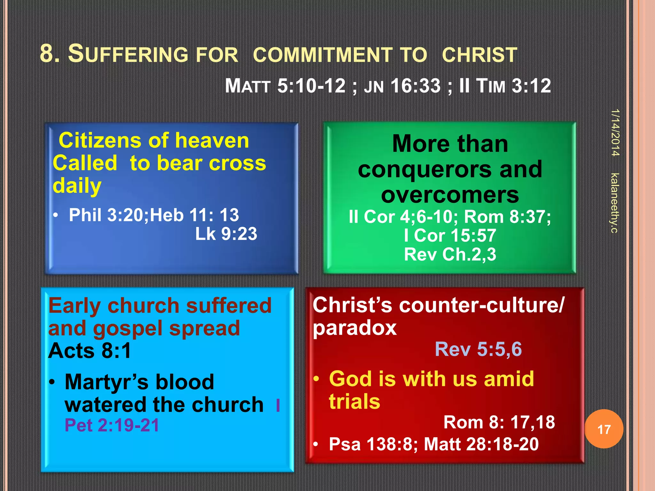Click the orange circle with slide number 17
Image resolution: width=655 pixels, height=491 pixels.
(x=604, y=429)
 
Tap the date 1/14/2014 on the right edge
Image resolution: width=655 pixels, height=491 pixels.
(x=615, y=133)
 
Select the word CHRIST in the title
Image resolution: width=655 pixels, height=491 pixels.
(x=479, y=55)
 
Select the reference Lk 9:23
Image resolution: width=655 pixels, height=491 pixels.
(x=226, y=234)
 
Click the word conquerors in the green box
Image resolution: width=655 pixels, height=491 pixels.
(x=425, y=169)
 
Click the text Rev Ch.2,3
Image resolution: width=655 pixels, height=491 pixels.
(x=450, y=254)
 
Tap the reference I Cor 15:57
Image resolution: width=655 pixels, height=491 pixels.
(x=450, y=235)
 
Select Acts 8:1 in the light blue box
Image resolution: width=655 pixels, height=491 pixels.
(x=90, y=351)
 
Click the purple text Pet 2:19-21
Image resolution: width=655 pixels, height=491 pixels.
(x=112, y=425)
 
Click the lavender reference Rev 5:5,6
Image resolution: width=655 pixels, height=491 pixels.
(x=478, y=349)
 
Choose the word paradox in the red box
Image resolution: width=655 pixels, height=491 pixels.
(x=354, y=328)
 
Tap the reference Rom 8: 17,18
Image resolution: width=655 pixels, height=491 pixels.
(x=499, y=422)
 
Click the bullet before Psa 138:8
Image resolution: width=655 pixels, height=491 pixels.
(x=316, y=444)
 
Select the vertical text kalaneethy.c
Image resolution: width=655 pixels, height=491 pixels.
(x=614, y=203)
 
